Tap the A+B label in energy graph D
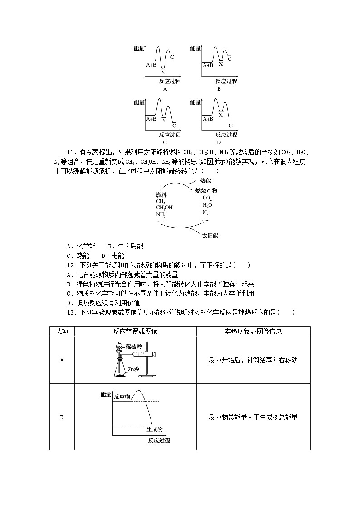(208, 119)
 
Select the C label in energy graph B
(229, 58)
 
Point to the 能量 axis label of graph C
(139, 102)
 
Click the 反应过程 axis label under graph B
(226, 82)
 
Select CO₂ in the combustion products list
(207, 198)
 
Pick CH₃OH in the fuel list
(164, 208)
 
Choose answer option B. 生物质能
(126, 246)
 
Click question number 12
(71, 265)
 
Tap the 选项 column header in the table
(62, 331)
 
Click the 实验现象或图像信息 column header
(253, 331)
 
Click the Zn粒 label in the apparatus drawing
(133, 369)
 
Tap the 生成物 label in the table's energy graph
(155, 429)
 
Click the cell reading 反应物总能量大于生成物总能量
(253, 417)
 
